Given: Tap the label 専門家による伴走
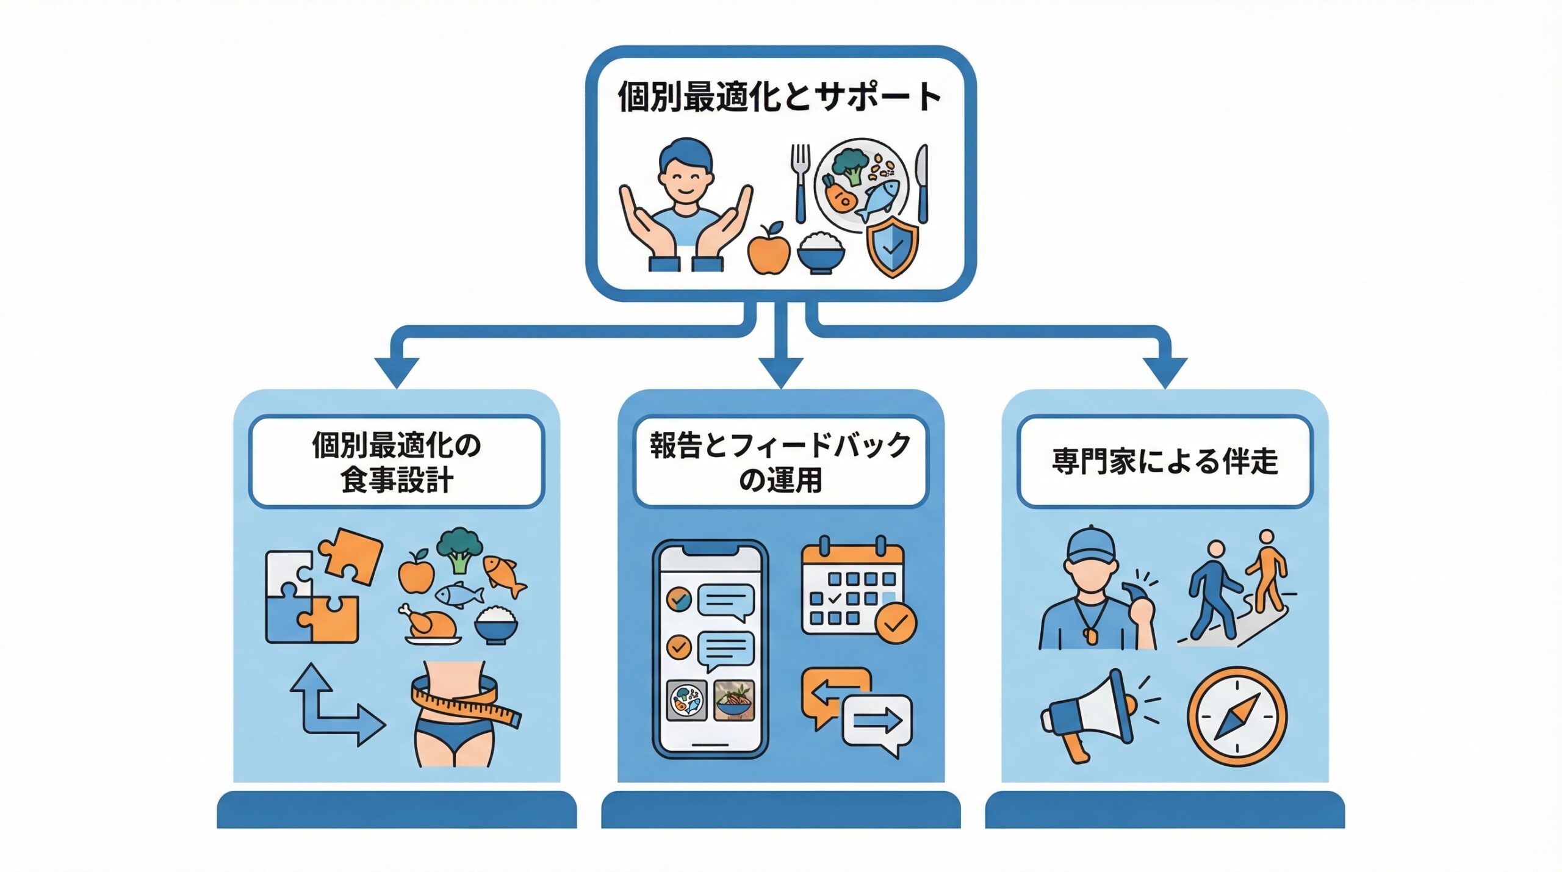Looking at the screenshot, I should pyautogui.click(x=1164, y=461).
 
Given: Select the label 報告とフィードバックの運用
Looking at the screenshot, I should pyautogui.click(x=780, y=462).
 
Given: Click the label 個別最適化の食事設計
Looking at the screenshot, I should pyautogui.click(x=397, y=462).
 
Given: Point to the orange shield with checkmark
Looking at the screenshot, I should pyautogui.click(x=892, y=247).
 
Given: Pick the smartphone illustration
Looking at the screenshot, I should pyautogui.click(x=710, y=649).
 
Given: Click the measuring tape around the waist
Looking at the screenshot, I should pyautogui.click(x=467, y=701).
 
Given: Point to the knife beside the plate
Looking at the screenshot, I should pyautogui.click(x=922, y=184).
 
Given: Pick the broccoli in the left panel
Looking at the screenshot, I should pyautogui.click(x=459, y=549).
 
